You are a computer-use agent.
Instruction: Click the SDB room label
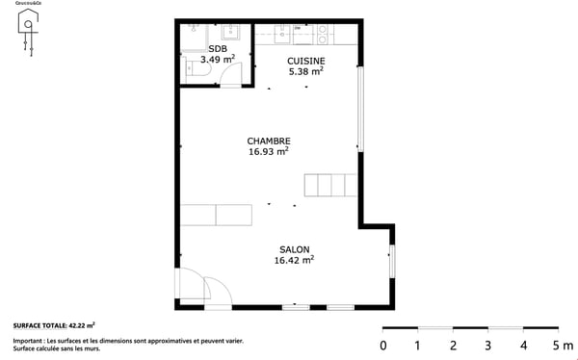(217, 48)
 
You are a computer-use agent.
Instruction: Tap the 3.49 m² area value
(217, 60)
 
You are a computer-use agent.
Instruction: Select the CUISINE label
(304, 60)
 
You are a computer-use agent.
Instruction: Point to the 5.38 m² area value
(304, 70)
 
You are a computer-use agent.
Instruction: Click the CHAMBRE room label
(269, 141)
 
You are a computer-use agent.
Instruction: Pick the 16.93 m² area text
(269, 151)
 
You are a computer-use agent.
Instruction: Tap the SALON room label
(294, 248)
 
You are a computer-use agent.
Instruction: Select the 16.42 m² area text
(294, 259)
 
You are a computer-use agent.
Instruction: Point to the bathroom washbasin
(233, 36)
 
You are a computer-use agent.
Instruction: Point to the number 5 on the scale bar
(557, 346)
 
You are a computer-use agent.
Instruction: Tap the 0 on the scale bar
(383, 346)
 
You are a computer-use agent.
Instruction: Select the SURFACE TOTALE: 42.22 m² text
(54, 326)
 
